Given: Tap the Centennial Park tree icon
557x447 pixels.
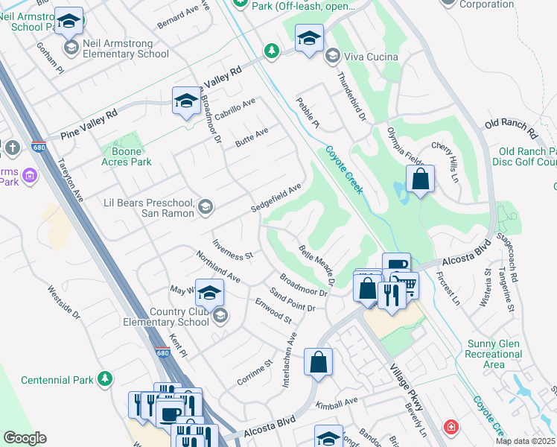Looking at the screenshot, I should tap(105, 379).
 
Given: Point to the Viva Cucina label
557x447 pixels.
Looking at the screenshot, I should tap(370, 57).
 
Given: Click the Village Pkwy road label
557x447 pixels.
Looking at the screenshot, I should tap(407, 387).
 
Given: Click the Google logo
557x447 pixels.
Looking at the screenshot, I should tap(25, 437).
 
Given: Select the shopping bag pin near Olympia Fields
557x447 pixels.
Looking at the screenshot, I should tap(420, 180).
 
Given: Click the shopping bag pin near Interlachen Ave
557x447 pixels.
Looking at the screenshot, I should tap(318, 363).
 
